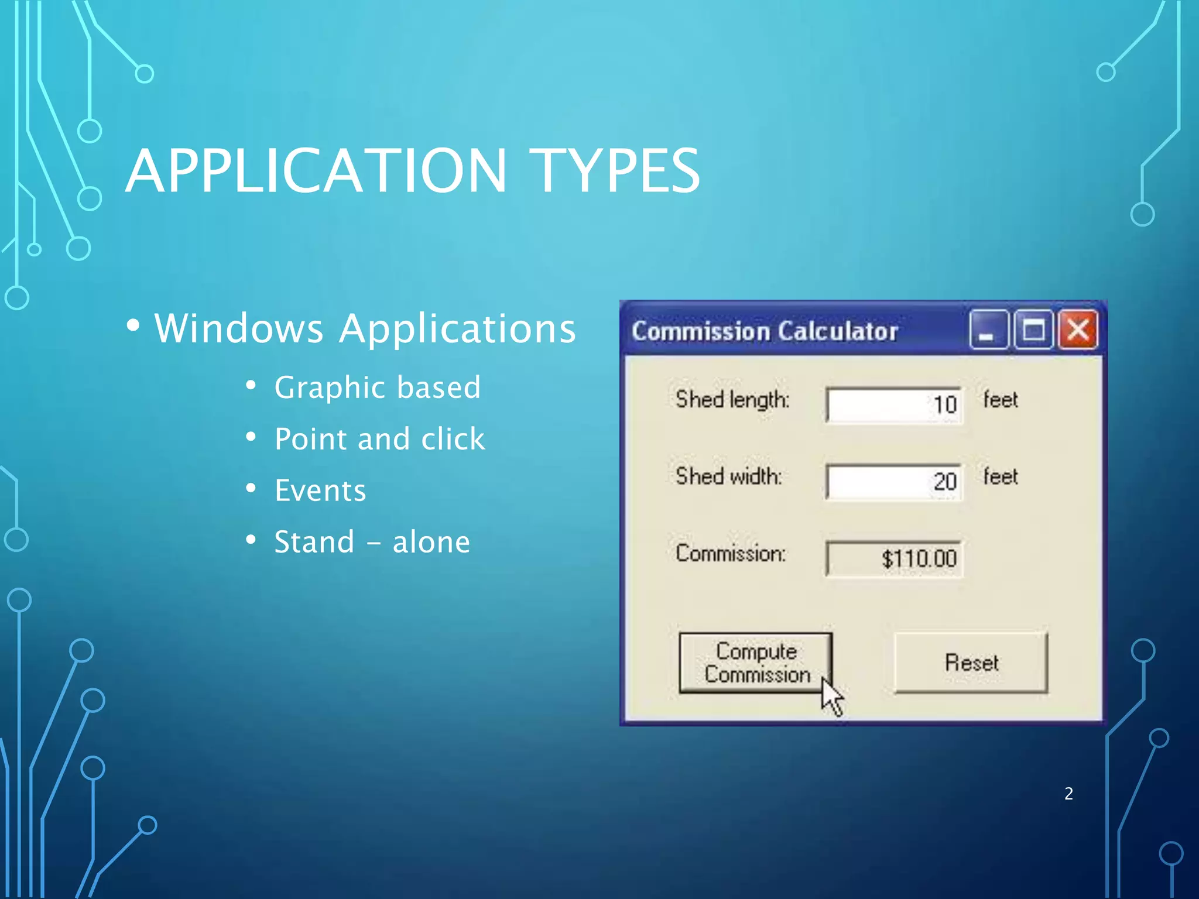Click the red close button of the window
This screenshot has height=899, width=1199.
tap(1078, 330)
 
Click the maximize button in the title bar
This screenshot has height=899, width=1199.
tap(1033, 330)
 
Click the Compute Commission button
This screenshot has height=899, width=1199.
tap(755, 663)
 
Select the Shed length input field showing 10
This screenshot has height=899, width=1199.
tap(893, 404)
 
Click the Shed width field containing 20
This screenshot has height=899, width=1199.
tap(893, 482)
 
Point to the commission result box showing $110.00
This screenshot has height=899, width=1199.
tap(893, 558)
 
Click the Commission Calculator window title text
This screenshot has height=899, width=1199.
tap(764, 331)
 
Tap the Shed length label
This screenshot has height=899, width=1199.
tap(732, 400)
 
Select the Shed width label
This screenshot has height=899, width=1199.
tap(728, 476)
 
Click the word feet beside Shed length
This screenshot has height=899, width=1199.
tap(1000, 400)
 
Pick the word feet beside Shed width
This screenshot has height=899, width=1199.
tap(1000, 476)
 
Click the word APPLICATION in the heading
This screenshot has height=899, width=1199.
tap(316, 171)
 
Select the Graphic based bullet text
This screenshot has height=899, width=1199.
tap(378, 387)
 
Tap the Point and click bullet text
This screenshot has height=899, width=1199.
tap(379, 439)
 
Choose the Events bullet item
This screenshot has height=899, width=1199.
tap(320, 490)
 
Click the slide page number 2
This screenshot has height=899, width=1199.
tap(1068, 794)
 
